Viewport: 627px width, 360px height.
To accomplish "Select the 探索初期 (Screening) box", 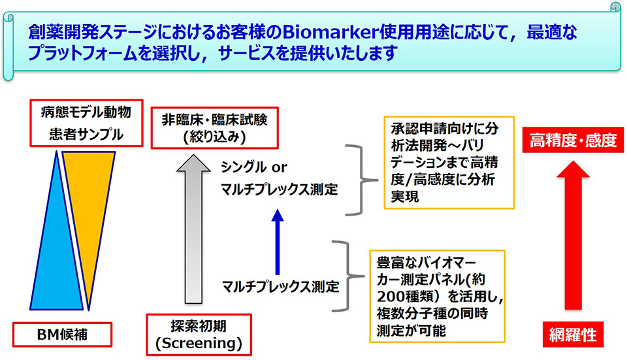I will tap(197, 333).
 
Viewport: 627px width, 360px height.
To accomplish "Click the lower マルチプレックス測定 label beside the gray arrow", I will tap(280, 286).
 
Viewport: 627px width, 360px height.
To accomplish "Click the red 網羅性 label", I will tap(572, 334).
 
